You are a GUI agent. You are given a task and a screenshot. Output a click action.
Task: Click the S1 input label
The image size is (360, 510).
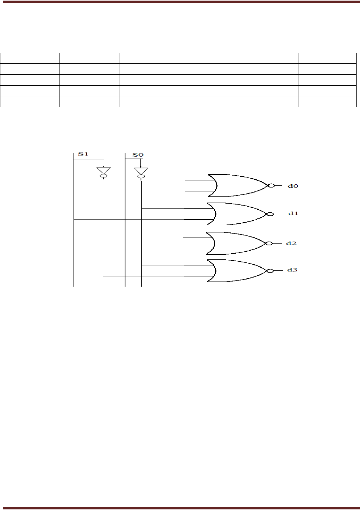pos(83,154)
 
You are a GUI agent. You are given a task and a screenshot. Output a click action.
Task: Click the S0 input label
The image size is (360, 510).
pos(138,155)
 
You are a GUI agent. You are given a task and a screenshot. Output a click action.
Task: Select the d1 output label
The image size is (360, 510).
pos(293,213)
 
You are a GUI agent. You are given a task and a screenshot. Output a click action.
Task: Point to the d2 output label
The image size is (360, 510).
pos(291,243)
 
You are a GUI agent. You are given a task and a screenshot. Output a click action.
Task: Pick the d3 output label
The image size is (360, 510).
pos(292,270)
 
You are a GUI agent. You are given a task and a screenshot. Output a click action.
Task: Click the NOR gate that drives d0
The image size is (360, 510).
pos(239,185)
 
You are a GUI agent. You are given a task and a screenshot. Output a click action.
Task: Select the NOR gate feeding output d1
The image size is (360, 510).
pos(239,213)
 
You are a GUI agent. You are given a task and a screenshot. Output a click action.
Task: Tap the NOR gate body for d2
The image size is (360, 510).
pos(239,243)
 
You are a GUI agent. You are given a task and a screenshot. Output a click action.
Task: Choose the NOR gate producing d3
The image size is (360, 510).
pos(239,270)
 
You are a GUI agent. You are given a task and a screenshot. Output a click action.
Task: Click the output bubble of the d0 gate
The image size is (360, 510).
pos(271,186)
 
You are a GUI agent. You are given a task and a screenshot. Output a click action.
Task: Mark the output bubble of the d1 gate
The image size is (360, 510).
pos(270,214)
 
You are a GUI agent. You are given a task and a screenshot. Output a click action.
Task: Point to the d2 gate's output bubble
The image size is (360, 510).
pos(269,243)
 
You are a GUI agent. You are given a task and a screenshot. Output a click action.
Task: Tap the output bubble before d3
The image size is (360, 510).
pos(270,271)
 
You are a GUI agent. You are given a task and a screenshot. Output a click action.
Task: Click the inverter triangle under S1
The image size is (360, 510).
pos(103,170)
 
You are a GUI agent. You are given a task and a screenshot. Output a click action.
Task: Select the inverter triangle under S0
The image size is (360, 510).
pos(141,170)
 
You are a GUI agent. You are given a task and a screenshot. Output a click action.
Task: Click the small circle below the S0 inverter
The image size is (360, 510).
pos(141,176)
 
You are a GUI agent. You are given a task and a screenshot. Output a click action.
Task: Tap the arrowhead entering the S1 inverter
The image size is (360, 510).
pos(103,166)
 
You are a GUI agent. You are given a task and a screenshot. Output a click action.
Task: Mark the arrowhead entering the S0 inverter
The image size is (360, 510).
pos(141,166)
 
